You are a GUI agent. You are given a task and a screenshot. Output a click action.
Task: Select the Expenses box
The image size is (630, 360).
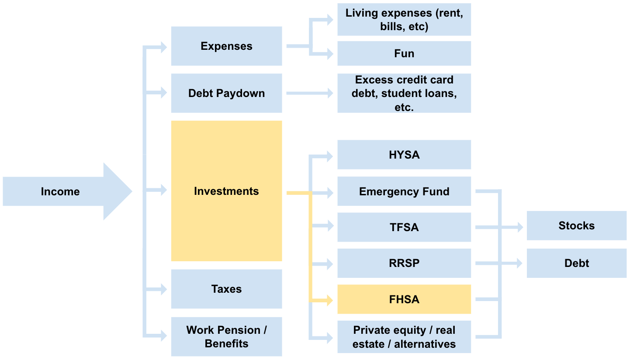[x=226, y=46]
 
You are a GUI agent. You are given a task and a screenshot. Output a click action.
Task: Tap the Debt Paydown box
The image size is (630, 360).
[x=226, y=93]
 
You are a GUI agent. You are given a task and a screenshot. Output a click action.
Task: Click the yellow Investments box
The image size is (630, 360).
[x=226, y=191]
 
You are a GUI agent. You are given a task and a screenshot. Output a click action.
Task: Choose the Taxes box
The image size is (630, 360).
[x=226, y=289]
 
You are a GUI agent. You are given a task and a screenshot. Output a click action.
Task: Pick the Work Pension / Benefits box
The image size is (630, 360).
[x=226, y=336]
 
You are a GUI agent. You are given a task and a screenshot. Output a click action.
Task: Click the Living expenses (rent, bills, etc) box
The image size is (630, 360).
[x=404, y=20]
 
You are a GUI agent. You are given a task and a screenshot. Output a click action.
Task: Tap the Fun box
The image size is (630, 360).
[x=404, y=53]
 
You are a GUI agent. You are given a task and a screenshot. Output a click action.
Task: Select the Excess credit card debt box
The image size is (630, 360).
[x=404, y=93]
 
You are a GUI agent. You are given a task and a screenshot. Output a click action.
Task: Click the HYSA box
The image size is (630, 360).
[x=404, y=155]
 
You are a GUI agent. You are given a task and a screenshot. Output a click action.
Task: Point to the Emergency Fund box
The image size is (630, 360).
[x=404, y=191]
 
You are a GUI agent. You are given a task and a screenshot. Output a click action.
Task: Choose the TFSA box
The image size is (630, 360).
[x=404, y=227]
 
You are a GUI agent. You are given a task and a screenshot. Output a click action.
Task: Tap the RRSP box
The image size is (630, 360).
[x=404, y=263]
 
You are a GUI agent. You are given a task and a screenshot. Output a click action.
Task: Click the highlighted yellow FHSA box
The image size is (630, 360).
[x=404, y=299]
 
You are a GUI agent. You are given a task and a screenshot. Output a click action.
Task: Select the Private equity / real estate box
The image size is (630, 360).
[x=404, y=337]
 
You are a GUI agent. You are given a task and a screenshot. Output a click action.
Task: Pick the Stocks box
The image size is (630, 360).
[x=576, y=225]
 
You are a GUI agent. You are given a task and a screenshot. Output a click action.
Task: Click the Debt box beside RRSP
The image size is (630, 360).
[x=576, y=263]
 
